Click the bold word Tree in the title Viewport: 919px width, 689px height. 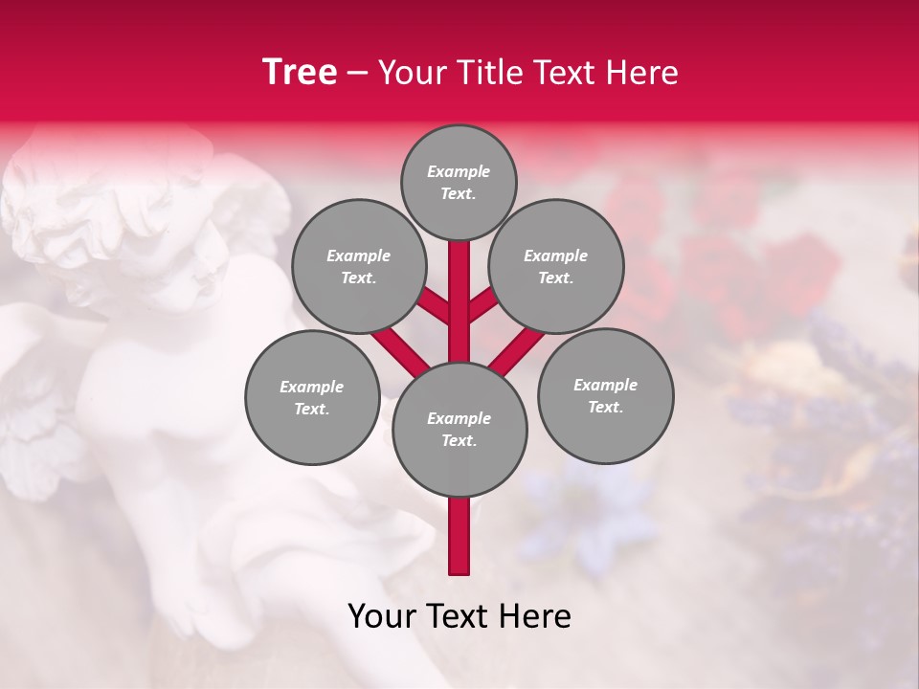tap(300, 73)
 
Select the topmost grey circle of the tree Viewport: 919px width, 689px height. tap(459, 182)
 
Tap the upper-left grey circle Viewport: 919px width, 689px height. tap(358, 266)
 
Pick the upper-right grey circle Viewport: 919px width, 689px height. tap(555, 266)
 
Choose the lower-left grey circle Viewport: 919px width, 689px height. tap(311, 397)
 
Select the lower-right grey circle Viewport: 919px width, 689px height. tap(605, 395)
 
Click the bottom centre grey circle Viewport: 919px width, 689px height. tap(459, 429)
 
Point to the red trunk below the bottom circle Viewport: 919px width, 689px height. tap(459, 536)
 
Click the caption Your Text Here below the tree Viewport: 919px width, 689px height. tap(459, 616)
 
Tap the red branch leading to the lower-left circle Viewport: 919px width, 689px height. tap(399, 349)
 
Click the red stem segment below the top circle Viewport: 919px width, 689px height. tap(459, 287)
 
